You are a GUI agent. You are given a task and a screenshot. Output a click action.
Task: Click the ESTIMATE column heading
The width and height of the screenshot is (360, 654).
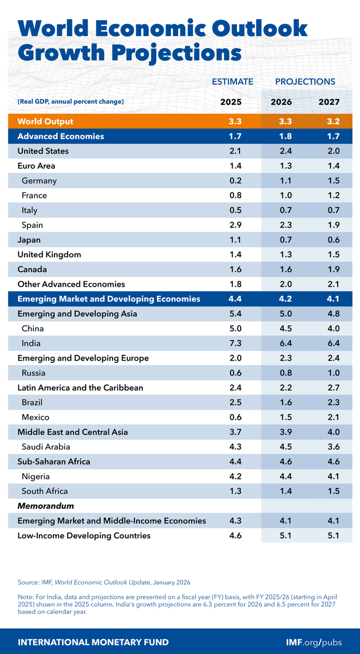click(x=233, y=82)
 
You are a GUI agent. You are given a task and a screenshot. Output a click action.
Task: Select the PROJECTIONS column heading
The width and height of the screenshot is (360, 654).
click(x=305, y=82)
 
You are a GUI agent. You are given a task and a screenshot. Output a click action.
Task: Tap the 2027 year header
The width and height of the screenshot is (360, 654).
click(x=330, y=102)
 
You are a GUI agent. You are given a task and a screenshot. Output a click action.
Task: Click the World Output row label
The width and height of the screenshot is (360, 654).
click(x=45, y=121)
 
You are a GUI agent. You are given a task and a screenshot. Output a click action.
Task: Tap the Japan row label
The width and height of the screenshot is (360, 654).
click(x=29, y=240)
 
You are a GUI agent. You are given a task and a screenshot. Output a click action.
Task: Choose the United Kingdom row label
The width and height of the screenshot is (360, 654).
click(x=49, y=255)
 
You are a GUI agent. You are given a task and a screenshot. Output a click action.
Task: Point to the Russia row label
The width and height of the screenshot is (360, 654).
click(x=34, y=373)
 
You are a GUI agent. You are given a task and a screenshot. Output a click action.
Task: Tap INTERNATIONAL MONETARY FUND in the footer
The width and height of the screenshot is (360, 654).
click(x=93, y=641)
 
